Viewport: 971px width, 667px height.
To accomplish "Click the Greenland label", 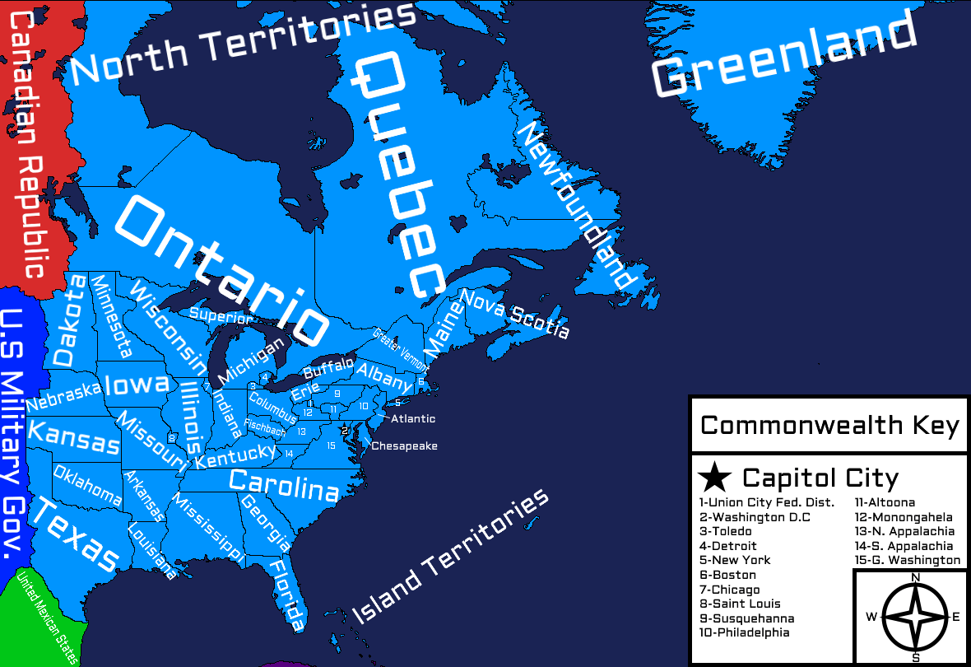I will coord(783,53).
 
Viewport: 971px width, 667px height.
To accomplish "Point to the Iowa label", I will coord(137,385).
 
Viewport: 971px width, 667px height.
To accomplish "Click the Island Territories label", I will coord(450,556).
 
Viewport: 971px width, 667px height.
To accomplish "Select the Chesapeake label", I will coord(404,446).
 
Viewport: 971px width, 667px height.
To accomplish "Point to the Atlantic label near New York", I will coord(413,418).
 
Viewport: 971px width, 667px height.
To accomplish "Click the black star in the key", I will coord(714,478).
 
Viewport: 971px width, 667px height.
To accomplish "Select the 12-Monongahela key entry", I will coord(904,517).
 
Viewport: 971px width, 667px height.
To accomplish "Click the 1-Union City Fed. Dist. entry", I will coord(766,502).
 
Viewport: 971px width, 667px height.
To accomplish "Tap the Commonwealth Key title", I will coord(829,426).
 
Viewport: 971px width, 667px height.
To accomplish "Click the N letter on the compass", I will coord(916,577).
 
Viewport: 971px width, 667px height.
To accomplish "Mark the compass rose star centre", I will coord(916,617).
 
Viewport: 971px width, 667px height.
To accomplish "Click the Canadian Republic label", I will coord(30,144).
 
